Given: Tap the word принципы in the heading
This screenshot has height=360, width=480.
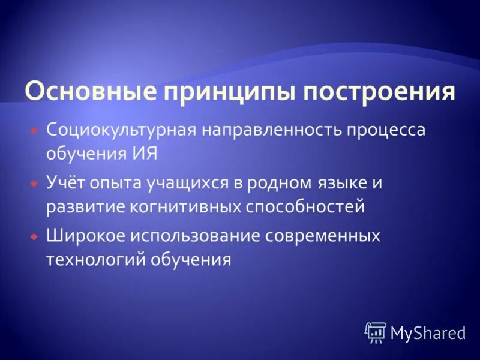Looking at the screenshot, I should click(x=230, y=93).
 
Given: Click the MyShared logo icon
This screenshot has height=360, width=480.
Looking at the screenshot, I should click(x=376, y=332).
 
